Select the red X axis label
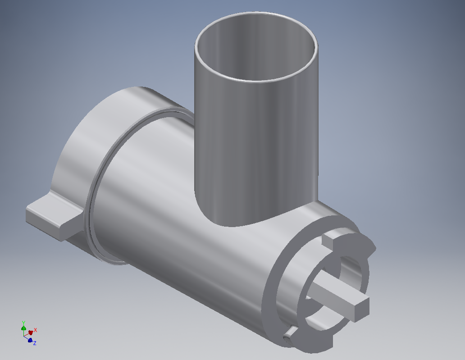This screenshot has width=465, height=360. point(36,330)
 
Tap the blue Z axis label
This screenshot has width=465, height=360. point(35,343)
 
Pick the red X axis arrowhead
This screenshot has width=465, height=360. point(31,333)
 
